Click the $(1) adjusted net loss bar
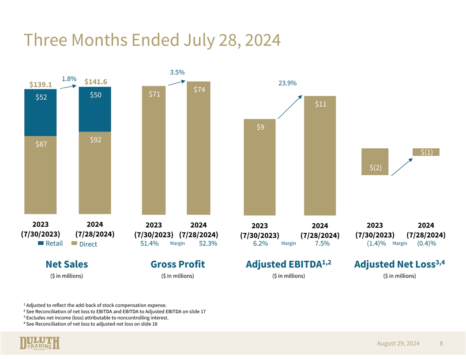pyautogui.click(x=426, y=152)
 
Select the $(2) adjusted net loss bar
pyautogui.click(x=375, y=162)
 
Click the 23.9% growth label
pyautogui.click(x=287, y=83)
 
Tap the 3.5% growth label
pyautogui.click(x=177, y=72)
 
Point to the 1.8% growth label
pyautogui.click(x=69, y=79)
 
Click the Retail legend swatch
pyautogui.click(x=41, y=243)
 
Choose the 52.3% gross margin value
pyautogui.click(x=208, y=244)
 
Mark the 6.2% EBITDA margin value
pyautogui.click(x=260, y=244)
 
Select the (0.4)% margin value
pyautogui.click(x=426, y=244)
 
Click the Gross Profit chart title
pyautogui.click(x=177, y=264)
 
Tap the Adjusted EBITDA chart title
pyautogui.click(x=288, y=264)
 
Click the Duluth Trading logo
pyautogui.click(x=40, y=343)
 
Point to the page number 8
pyautogui.click(x=441, y=343)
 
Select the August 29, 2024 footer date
pyautogui.click(x=398, y=343)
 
